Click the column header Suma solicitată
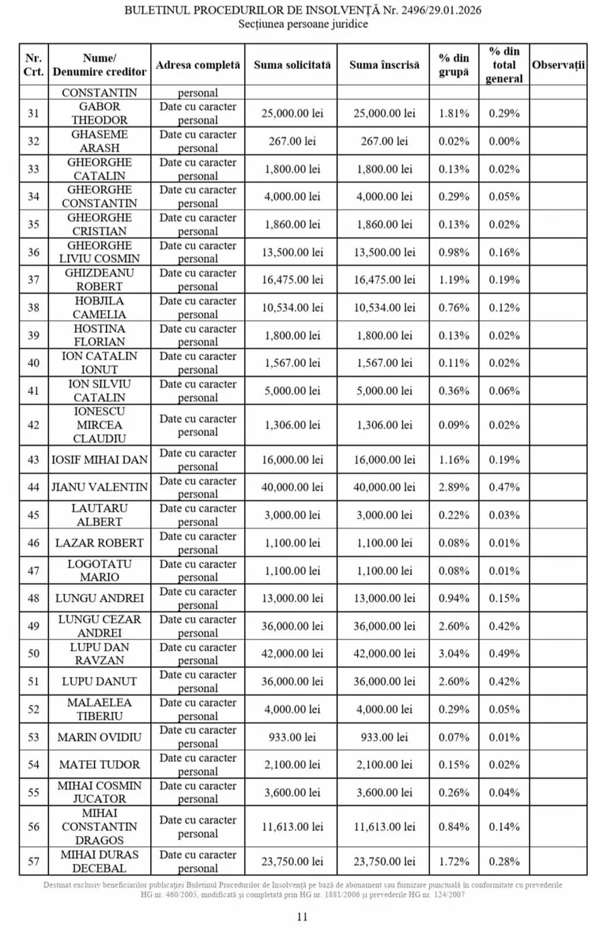[292, 65]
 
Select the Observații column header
[558, 65]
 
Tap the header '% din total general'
[504, 65]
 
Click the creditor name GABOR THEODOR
[100, 113]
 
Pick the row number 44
[33, 487]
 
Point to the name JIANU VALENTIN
[100, 487]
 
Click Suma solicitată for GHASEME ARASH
[292, 141]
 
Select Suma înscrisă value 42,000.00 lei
[384, 653]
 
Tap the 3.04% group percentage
[454, 653]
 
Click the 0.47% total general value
[504, 487]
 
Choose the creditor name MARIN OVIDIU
[100, 737]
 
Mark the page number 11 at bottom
[302, 917]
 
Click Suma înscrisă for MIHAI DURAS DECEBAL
[384, 862]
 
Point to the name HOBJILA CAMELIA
[100, 308]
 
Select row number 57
[33, 862]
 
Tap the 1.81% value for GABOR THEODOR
[454, 113]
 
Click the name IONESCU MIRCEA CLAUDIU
[100, 425]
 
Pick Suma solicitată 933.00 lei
[292, 737]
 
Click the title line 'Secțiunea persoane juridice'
[303, 24]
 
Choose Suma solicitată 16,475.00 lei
[292, 280]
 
